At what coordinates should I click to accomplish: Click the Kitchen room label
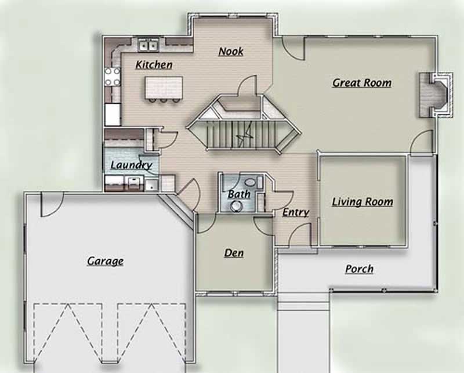point(154,64)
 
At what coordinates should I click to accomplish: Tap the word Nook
point(230,52)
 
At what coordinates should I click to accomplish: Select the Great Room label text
point(361,83)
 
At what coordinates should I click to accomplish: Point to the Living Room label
point(362,202)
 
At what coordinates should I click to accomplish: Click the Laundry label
point(130,165)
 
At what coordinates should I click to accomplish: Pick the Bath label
point(238,194)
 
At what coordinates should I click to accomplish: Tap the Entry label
point(295,213)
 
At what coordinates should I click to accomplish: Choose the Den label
point(234,253)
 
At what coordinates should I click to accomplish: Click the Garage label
point(105,261)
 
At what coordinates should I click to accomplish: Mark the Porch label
point(359,269)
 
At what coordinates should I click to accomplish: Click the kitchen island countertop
point(164,88)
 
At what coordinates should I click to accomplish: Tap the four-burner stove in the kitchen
point(112,77)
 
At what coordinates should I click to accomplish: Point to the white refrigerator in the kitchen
point(112,114)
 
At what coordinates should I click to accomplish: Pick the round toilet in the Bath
point(236,206)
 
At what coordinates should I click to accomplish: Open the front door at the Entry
point(300,235)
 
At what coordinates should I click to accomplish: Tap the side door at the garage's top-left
point(52,205)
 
